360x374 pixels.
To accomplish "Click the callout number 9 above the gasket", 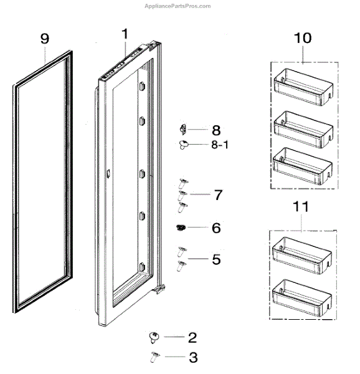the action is tap(45, 39).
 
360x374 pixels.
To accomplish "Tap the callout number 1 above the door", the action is tap(125, 34).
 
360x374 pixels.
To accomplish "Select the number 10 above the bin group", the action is tap(303, 38).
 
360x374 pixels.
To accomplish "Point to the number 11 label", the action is tap(300, 206).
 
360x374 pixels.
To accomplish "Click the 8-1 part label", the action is tap(220, 145).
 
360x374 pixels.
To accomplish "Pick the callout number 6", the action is tap(216, 228).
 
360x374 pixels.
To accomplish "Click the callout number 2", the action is tap(192, 338).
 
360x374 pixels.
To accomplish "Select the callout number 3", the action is tap(193, 357).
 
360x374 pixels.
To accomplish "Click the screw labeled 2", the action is tap(154, 337).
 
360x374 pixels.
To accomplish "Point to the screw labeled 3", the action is tap(155, 357).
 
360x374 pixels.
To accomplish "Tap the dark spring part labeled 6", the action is tap(181, 228).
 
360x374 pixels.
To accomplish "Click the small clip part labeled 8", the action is tap(183, 129).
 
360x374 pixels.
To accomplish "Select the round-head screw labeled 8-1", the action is tap(183, 145).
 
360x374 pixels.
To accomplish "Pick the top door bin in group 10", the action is tap(303, 87).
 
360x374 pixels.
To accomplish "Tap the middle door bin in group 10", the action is tap(303, 129).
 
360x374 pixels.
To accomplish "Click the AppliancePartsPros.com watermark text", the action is tap(178, 6).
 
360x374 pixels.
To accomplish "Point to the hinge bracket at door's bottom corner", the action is tap(159, 289).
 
